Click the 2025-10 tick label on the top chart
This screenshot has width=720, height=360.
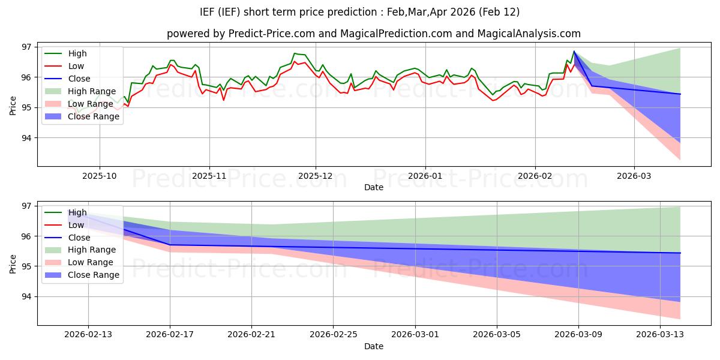[x=99, y=176]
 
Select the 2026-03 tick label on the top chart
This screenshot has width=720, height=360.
[x=634, y=176]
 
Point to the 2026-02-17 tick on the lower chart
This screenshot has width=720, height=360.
[x=170, y=335]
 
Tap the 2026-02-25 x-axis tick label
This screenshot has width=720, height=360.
[x=333, y=335]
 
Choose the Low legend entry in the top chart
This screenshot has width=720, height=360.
[x=76, y=66]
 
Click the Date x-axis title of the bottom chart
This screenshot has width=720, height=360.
[x=374, y=347]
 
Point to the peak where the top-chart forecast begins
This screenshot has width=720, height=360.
[x=574, y=52]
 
